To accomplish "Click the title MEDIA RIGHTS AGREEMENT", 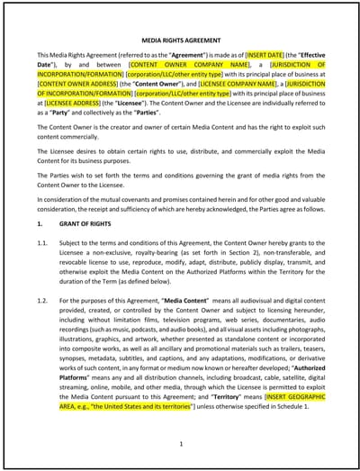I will coord(180,41).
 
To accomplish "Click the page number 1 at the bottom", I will coord(181,442).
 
